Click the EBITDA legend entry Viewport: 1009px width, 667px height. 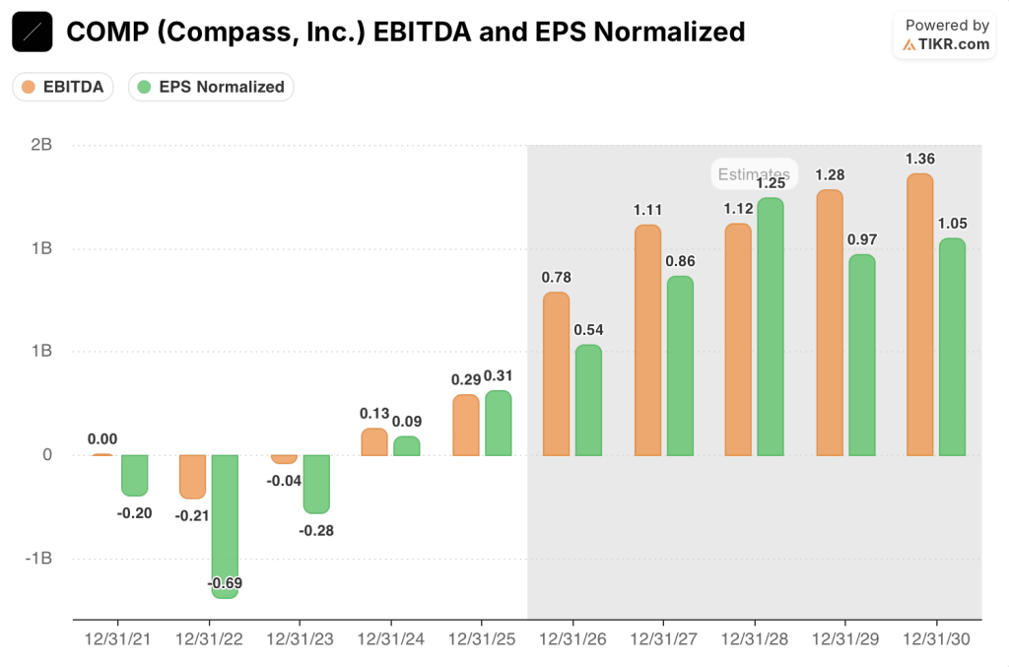point(63,87)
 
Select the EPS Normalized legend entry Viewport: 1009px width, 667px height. point(211,87)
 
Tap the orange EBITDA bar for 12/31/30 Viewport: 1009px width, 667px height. point(919,315)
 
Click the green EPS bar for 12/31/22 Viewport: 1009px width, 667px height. point(225,526)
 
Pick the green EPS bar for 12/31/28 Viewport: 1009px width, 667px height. point(771,327)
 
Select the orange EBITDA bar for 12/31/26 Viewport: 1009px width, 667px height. point(556,374)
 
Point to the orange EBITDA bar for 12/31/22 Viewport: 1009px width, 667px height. point(193,477)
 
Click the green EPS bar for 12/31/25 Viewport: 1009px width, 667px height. point(499,424)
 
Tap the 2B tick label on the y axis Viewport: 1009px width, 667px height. point(41,145)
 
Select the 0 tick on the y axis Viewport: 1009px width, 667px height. point(46,455)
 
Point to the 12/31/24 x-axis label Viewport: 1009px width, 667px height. point(390,638)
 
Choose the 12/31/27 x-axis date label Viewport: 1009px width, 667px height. point(663,638)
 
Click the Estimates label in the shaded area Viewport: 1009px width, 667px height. point(754,174)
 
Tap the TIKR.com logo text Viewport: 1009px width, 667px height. point(954,44)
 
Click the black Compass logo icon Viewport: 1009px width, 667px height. point(33,33)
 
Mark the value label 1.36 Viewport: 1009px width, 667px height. point(920,159)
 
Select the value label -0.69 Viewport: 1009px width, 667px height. point(226,587)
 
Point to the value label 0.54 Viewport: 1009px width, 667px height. point(588,329)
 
